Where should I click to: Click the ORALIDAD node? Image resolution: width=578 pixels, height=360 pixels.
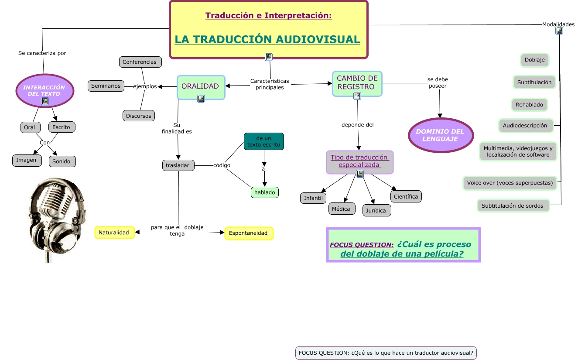coord(200,86)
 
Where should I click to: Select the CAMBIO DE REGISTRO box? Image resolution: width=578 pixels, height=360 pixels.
coord(357,83)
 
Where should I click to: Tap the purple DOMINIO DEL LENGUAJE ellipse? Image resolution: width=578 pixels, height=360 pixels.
coord(441,135)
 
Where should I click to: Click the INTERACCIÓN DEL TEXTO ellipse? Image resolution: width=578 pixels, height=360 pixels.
coord(44,90)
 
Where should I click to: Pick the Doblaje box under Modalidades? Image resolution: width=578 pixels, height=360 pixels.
coord(534,60)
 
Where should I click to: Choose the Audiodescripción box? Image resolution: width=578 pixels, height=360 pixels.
coord(525,126)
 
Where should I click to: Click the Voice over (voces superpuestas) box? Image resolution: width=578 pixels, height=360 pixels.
coord(510,183)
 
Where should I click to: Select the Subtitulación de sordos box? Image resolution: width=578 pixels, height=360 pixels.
coord(513,206)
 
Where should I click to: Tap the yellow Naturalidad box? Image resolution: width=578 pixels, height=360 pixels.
coord(114,233)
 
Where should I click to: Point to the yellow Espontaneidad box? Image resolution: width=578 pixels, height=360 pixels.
coord(248,233)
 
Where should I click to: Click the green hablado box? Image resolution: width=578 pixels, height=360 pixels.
coord(264,192)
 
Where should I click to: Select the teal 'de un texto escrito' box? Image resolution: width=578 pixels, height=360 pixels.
coord(263,141)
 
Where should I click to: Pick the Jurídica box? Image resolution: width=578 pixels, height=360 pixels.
coord(376,210)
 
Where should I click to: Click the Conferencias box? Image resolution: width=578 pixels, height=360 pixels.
coord(140,62)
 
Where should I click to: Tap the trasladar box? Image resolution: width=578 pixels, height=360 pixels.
coord(178,165)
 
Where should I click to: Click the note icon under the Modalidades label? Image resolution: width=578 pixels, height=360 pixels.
coord(559,31)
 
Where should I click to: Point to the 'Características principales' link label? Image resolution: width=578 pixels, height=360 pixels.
coord(270,84)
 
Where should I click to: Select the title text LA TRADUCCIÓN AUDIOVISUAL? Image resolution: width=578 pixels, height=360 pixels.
coord(267,39)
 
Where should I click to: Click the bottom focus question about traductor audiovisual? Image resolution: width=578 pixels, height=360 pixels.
coord(386,353)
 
